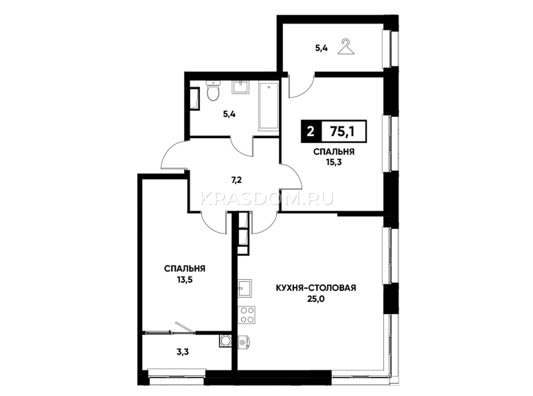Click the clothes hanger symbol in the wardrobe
click(x=346, y=47)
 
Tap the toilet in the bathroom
click(x=213, y=91)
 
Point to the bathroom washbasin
click(x=240, y=87)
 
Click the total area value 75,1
click(x=342, y=132)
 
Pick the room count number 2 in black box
click(x=310, y=132)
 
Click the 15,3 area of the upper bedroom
click(x=334, y=162)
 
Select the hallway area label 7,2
click(x=237, y=180)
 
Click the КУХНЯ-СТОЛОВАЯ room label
click(x=316, y=288)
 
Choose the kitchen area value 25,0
click(x=316, y=299)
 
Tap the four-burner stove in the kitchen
click(x=247, y=315)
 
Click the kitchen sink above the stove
click(x=245, y=288)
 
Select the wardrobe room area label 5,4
click(x=321, y=48)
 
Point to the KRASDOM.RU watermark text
click(x=266, y=199)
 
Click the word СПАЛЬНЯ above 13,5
click(x=185, y=269)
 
